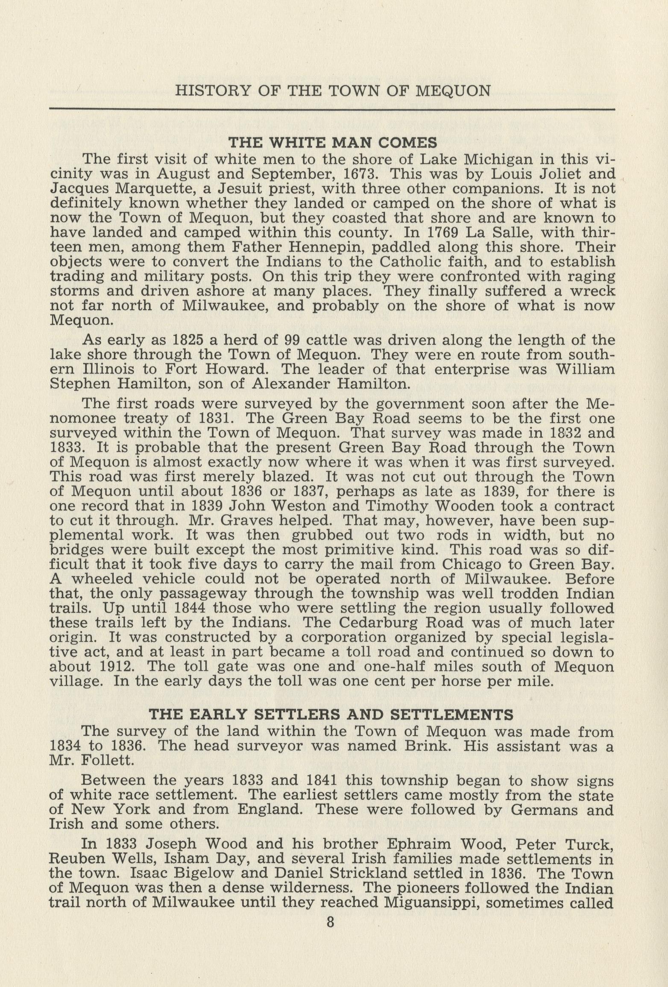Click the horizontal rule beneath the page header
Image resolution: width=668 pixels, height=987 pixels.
pos(332,110)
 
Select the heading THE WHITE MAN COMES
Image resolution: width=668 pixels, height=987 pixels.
pos(333,142)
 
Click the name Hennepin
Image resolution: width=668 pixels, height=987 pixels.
pos(323,247)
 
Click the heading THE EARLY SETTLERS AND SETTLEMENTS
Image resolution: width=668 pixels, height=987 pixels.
pos(331,714)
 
